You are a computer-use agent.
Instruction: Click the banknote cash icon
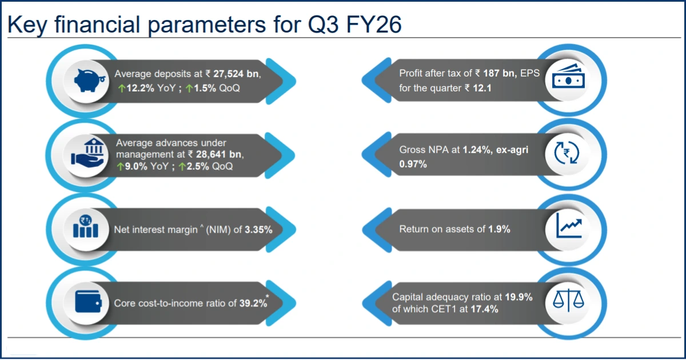pyautogui.click(x=569, y=81)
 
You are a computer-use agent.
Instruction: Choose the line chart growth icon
pyautogui.click(x=569, y=229)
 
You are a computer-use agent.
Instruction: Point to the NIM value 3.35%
pyautogui.click(x=258, y=230)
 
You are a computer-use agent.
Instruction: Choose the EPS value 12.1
pyautogui.click(x=481, y=89)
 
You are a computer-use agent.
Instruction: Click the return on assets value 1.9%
pyautogui.click(x=499, y=229)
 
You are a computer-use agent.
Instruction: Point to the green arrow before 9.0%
pyautogui.click(x=120, y=167)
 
